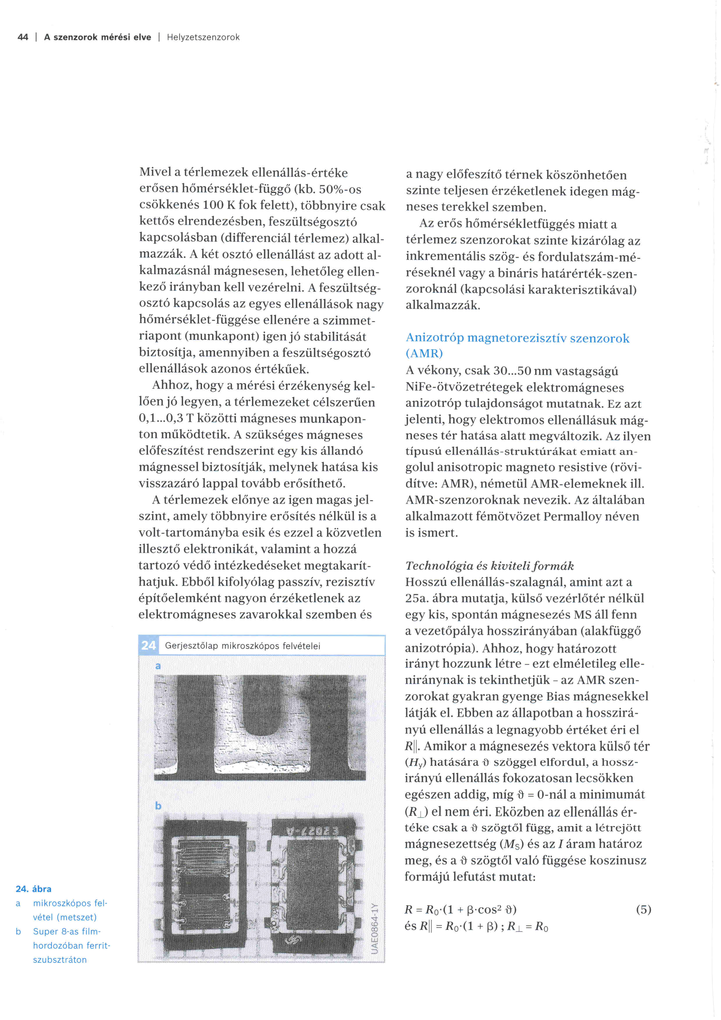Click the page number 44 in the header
point(23,37)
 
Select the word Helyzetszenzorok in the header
point(203,37)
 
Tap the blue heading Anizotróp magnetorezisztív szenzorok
point(517,339)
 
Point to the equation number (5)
point(643,909)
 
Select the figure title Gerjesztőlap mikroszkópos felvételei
point(242,646)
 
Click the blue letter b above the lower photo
point(158,806)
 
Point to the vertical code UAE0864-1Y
point(375,928)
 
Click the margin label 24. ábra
point(33,889)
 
